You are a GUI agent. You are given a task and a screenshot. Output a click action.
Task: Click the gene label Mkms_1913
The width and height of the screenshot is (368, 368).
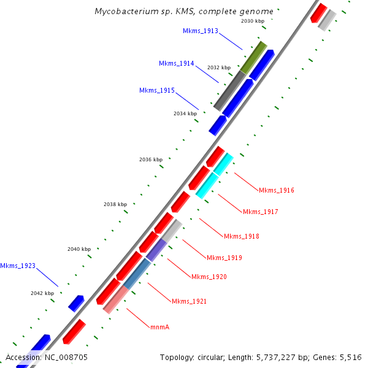click(x=200, y=31)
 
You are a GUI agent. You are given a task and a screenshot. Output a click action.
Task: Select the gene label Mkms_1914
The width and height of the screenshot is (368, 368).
click(x=176, y=63)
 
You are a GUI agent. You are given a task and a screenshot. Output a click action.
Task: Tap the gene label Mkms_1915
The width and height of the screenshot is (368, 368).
click(x=156, y=90)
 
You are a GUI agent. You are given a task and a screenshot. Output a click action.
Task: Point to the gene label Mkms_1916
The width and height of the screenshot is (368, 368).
click(x=277, y=190)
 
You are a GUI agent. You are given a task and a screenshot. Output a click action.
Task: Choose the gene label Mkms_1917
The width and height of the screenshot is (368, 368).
click(x=261, y=212)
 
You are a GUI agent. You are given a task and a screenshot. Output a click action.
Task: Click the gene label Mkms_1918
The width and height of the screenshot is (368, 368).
click(x=241, y=236)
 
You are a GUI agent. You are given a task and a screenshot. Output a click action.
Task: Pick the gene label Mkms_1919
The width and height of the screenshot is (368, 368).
click(x=224, y=258)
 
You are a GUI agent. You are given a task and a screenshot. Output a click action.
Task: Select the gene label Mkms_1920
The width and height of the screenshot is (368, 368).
click(x=209, y=277)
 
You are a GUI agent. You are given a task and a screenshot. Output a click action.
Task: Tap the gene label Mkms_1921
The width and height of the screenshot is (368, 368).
click(x=189, y=301)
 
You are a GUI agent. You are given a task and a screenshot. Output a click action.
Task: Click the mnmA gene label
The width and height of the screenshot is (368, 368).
click(x=159, y=327)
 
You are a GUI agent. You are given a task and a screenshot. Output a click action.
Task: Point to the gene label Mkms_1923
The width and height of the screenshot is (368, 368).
click(x=18, y=266)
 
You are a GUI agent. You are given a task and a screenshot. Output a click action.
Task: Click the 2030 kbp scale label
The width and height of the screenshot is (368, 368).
click(x=253, y=21)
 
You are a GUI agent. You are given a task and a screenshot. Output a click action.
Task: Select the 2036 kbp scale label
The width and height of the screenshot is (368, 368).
click(x=151, y=159)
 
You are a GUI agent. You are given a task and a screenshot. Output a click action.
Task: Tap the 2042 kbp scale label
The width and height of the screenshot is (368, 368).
click(x=42, y=293)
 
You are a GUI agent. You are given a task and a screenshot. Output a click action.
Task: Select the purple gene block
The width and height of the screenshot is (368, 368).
click(x=156, y=250)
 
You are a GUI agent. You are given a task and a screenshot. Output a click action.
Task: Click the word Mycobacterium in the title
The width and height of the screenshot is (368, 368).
click(x=125, y=12)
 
